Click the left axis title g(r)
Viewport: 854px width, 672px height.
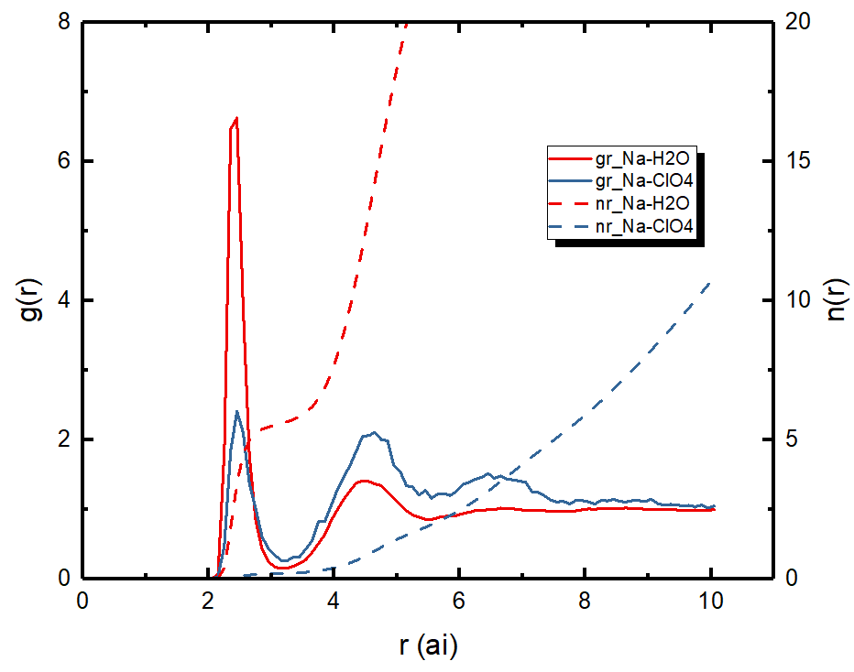coord(27,299)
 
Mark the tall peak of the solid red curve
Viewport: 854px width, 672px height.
coord(236,118)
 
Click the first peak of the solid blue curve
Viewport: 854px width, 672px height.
coord(237,411)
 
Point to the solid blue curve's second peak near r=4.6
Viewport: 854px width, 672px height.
coord(374,432)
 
